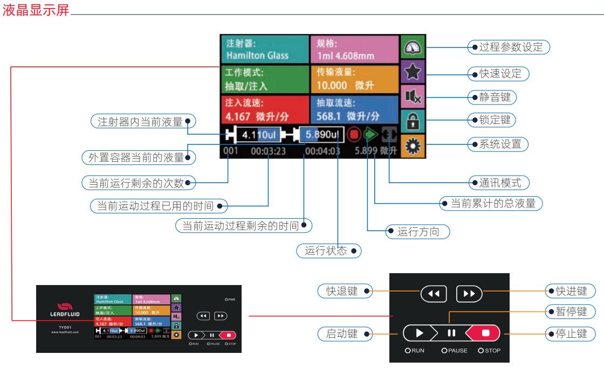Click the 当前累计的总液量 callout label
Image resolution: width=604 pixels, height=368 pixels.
pyautogui.click(x=491, y=204)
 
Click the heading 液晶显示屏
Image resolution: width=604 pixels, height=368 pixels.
pyautogui.click(x=36, y=11)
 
